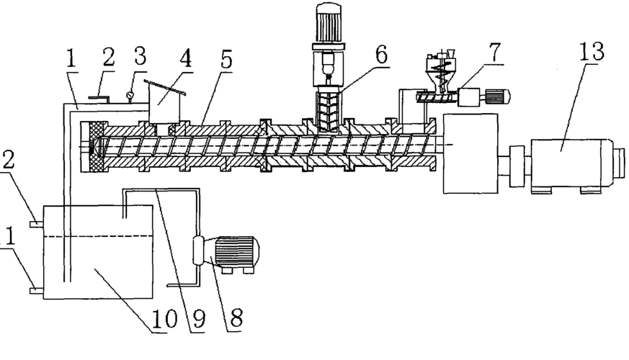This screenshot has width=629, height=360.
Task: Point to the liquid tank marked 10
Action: pyautogui.click(x=97, y=252)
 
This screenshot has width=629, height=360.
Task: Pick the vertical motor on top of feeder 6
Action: pyautogui.click(x=325, y=25)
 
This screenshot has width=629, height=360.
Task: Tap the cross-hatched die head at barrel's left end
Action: pyautogui.click(x=94, y=148)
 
